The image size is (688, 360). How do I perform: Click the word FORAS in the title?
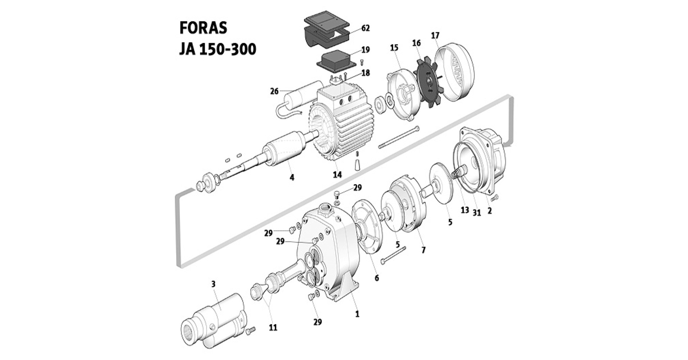pos(203,28)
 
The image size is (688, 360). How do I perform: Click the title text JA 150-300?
pos(218,49)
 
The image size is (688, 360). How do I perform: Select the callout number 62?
pos(365,28)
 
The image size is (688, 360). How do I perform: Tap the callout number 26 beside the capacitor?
pos(274,91)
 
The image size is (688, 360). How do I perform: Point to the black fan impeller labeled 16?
pos(428,82)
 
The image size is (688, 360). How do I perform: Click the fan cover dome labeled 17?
pos(456,72)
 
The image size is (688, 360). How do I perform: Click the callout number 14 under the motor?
pos(337,175)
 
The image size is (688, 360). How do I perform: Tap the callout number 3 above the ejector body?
pos(213,284)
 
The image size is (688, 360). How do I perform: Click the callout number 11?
pos(273,328)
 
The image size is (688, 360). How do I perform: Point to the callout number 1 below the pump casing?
pos(357,314)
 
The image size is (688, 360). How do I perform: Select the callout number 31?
pos(477,213)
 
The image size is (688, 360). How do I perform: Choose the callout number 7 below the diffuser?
pos(423,249)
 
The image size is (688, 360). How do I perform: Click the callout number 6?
pos(377,278)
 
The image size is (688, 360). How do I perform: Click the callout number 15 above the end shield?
pos(394,48)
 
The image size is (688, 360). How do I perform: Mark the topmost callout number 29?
pos(357,188)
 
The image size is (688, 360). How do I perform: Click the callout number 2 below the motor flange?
pos(489,211)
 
